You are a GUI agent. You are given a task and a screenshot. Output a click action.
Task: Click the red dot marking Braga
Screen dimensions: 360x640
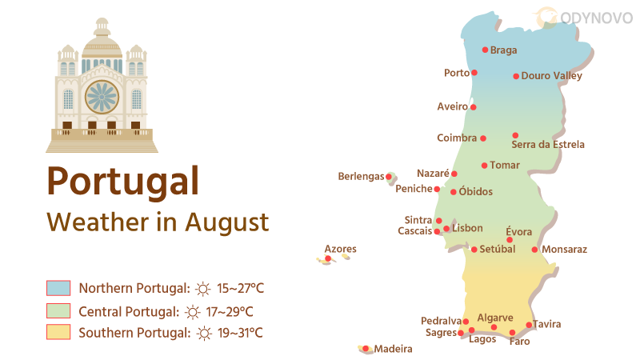(x=485, y=50)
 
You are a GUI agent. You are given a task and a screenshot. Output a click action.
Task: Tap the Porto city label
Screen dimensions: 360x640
(x=457, y=73)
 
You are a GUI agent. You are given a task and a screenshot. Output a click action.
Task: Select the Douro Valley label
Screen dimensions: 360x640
(x=551, y=76)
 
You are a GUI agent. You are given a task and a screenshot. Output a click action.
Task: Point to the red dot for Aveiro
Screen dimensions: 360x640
(x=473, y=107)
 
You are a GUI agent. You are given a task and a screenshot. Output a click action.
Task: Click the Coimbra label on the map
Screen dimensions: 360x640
(x=457, y=138)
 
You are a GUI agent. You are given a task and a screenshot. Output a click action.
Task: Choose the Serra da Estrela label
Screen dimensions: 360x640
(x=548, y=145)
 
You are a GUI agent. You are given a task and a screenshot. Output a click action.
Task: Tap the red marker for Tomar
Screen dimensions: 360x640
(x=484, y=166)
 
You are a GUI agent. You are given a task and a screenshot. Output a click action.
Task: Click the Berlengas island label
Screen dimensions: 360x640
(x=361, y=176)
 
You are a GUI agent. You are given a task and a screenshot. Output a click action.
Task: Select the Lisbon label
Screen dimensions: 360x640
(x=467, y=228)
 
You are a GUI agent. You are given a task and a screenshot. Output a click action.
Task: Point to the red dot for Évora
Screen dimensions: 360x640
(x=510, y=240)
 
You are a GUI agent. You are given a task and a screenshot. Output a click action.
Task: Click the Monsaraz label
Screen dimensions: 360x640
(x=564, y=250)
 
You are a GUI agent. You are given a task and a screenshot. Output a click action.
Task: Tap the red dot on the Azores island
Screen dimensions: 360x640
(x=328, y=258)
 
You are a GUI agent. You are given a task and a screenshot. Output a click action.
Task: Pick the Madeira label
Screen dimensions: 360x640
(x=393, y=349)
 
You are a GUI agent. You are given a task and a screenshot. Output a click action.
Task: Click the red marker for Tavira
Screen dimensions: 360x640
(x=529, y=325)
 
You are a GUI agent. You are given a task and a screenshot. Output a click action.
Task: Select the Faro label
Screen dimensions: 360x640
(x=519, y=342)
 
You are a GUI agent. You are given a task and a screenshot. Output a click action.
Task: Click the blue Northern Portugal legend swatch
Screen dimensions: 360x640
(x=58, y=288)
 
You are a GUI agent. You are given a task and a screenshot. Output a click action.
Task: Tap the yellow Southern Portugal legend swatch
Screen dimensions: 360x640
(x=58, y=332)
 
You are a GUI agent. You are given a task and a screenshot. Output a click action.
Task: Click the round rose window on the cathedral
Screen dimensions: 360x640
(x=102, y=97)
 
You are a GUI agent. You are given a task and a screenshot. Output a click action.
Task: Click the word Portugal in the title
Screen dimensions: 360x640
(x=122, y=180)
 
